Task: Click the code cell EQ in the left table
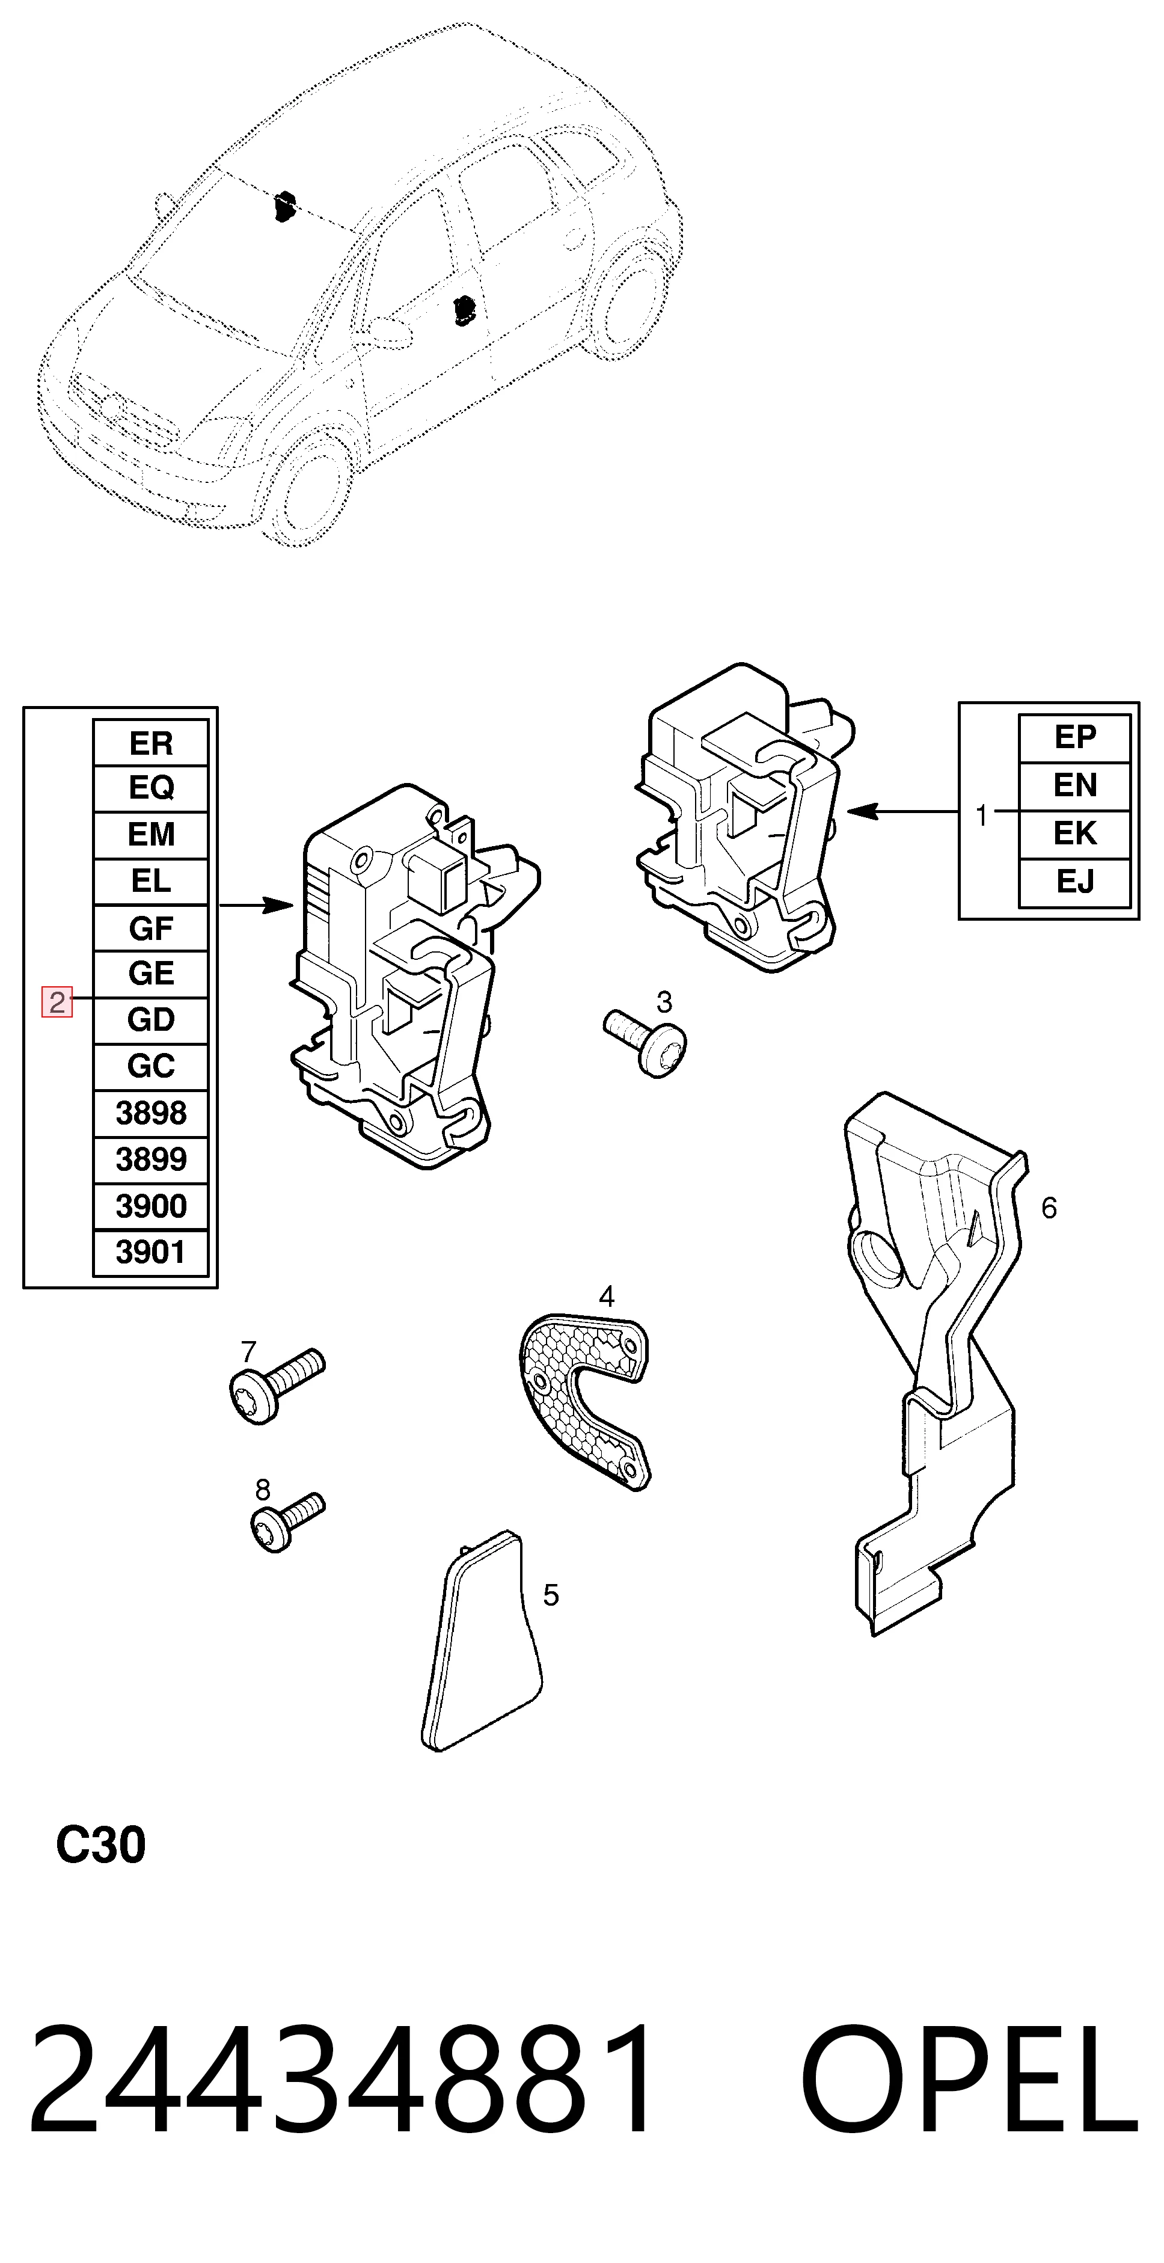(150, 788)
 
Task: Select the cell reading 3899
(150, 1159)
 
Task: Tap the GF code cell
(150, 928)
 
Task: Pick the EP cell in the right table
(1074, 738)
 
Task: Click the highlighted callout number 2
(57, 1003)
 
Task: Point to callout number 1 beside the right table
(981, 815)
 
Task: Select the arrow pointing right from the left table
(256, 905)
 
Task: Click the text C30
(100, 1845)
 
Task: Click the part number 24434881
(341, 2078)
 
